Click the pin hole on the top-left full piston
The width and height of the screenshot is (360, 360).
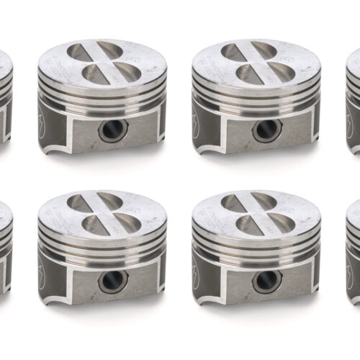coord(113,130)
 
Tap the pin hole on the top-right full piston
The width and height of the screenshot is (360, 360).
coord(267,130)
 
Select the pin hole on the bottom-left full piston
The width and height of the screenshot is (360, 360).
coord(113,280)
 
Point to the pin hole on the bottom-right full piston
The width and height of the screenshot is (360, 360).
coord(267,280)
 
